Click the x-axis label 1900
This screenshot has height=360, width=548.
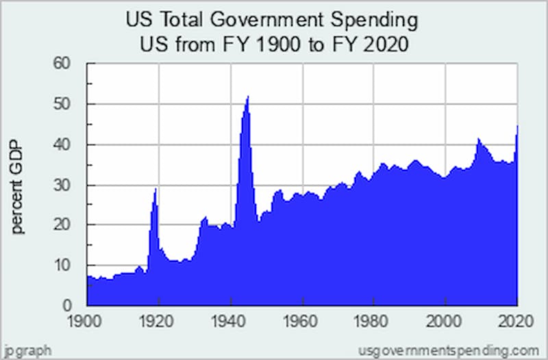(x=86, y=320)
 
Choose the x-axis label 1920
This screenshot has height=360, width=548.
(x=158, y=320)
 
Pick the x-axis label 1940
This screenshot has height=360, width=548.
(x=231, y=320)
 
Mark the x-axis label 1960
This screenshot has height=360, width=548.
(x=303, y=320)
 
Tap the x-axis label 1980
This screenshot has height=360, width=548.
(x=374, y=320)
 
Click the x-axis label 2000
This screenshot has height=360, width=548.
(x=446, y=320)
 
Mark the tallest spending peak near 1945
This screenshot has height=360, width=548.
(x=247, y=97)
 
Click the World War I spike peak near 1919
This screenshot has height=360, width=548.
(x=155, y=189)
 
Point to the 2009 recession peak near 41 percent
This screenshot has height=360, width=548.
(x=478, y=139)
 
